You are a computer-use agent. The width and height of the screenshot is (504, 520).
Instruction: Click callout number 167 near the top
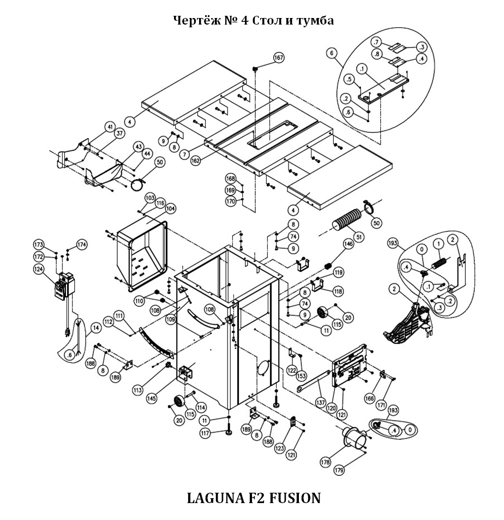(x=279, y=58)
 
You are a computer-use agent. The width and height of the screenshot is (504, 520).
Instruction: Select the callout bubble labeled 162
(x=196, y=161)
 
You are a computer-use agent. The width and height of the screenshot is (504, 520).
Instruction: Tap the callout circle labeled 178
(x=326, y=462)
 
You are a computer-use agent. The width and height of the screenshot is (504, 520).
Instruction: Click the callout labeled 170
(x=231, y=201)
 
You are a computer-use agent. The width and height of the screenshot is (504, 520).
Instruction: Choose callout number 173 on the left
(x=38, y=244)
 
